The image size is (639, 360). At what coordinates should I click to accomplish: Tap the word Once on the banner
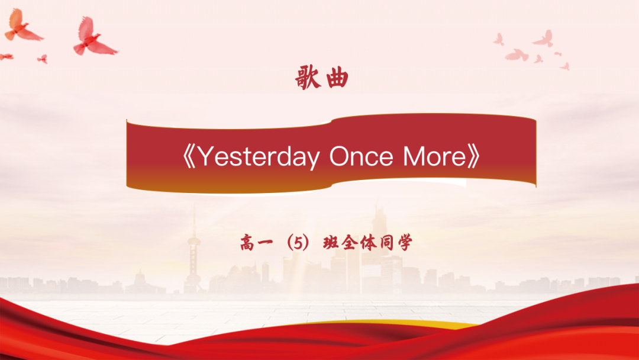[x=361, y=156]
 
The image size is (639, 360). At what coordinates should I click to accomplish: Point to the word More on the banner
[x=434, y=156]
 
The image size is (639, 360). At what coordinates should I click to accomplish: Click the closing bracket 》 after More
[x=474, y=157]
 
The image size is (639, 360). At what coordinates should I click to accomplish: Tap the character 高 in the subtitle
[x=247, y=243]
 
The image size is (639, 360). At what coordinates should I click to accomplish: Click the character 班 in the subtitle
[x=331, y=243]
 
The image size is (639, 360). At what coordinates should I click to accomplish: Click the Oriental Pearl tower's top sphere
[x=194, y=243]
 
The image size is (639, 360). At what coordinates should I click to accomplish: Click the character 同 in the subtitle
[x=387, y=243]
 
